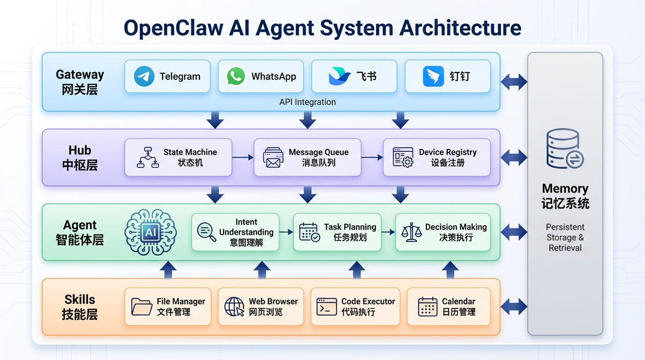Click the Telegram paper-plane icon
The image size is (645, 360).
(144, 76)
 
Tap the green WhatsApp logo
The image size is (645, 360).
(236, 76)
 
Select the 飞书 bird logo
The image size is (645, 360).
(339, 76)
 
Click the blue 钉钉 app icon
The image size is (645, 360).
(433, 76)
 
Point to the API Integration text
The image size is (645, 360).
(307, 102)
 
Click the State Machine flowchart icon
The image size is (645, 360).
(148, 157)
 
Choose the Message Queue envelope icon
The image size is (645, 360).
(273, 157)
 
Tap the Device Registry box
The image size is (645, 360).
(436, 157)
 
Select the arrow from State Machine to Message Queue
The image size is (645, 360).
(243, 157)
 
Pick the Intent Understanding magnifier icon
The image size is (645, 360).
(207, 232)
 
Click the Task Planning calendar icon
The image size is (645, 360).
(309, 232)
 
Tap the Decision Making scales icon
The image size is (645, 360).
(411, 232)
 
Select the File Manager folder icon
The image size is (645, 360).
(142, 307)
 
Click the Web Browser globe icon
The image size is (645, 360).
(234, 307)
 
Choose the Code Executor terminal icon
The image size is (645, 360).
(327, 307)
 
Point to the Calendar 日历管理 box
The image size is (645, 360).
(449, 307)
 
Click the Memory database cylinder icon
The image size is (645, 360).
(565, 149)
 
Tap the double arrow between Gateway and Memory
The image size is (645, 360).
(514, 82)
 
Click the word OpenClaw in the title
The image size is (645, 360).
(173, 28)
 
